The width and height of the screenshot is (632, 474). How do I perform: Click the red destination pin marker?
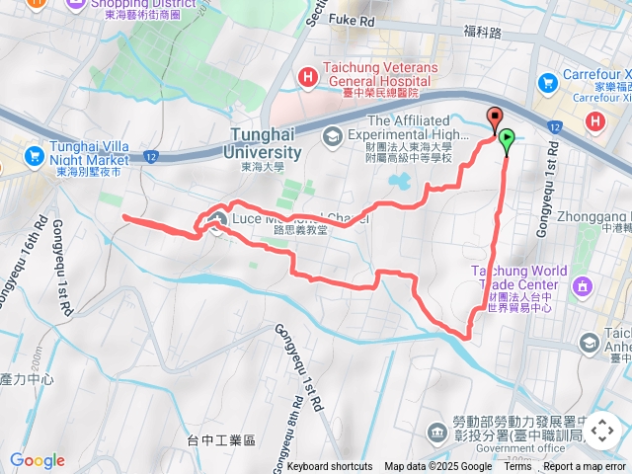[x=495, y=118]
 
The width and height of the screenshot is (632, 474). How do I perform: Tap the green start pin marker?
[x=507, y=140]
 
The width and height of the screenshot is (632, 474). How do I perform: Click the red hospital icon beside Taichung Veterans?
[x=307, y=75]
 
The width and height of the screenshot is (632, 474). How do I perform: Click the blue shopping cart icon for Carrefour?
[x=546, y=82]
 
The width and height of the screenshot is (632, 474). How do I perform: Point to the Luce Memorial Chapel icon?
[x=216, y=217]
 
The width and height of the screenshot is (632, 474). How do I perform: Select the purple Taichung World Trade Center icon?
[x=582, y=286]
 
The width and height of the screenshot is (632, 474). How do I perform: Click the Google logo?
[x=37, y=460]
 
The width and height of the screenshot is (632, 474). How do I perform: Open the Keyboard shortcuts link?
[x=330, y=466]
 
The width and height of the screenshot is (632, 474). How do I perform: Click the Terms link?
[x=517, y=466]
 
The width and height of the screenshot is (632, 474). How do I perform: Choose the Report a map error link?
[x=585, y=466]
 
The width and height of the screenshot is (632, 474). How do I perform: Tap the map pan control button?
[x=601, y=431]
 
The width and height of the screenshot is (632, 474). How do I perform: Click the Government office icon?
[x=436, y=432]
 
